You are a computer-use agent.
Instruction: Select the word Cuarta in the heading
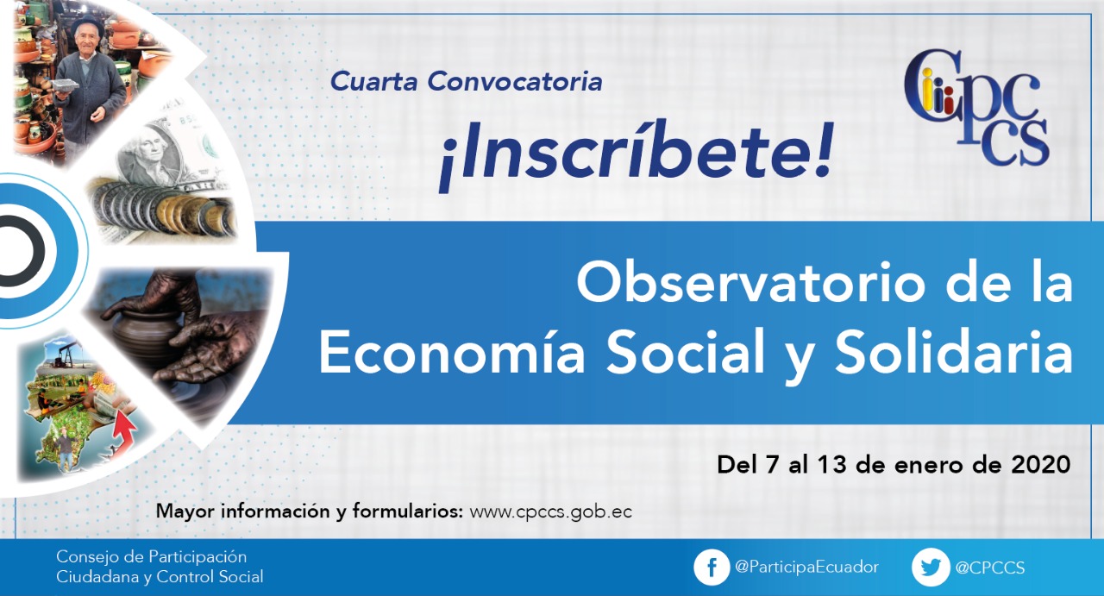tap(374, 81)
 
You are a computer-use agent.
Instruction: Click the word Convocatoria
tap(515, 81)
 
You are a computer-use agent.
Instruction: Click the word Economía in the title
tap(452, 352)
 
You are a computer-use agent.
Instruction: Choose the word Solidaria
tap(953, 351)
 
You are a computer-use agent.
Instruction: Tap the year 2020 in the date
tap(1041, 464)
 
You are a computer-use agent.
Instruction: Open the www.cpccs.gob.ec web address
tap(550, 511)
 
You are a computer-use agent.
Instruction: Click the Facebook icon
tap(712, 568)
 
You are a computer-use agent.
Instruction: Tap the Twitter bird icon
tap(930, 568)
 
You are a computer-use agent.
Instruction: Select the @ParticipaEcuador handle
tap(806, 567)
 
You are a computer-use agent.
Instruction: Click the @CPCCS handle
tap(989, 568)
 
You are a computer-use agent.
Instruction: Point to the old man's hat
tap(88, 23)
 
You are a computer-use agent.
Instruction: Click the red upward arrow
tap(123, 433)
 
